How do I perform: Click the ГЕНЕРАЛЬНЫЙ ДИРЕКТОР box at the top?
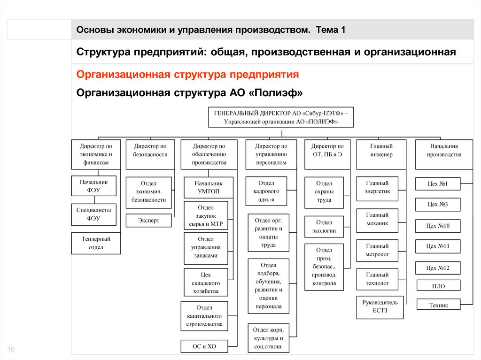(x=281, y=117)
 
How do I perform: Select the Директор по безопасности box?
(x=150, y=154)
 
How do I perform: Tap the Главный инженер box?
(x=381, y=154)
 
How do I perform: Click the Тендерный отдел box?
(x=96, y=243)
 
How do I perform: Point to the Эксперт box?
(x=149, y=220)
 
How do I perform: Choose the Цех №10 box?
(x=438, y=226)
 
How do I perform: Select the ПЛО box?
(x=438, y=285)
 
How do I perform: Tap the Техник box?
(x=438, y=305)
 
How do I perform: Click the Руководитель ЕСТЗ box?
(x=380, y=307)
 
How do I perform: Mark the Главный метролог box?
(x=377, y=250)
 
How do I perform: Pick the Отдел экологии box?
(x=324, y=227)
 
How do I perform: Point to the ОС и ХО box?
(x=204, y=346)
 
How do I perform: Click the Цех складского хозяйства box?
(x=206, y=283)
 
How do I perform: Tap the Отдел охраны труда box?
(x=324, y=191)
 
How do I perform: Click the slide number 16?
(x=11, y=349)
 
